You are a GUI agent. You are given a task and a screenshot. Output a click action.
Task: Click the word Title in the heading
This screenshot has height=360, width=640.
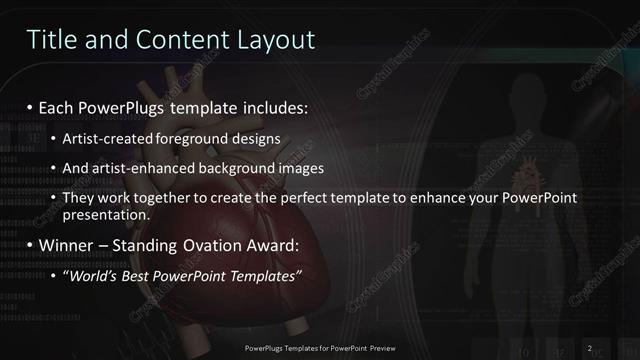tap(49, 40)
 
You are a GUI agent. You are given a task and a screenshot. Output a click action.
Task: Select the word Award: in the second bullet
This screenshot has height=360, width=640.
tap(274, 245)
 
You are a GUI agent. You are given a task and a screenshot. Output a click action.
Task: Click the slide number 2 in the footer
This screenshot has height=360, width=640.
tap(590, 347)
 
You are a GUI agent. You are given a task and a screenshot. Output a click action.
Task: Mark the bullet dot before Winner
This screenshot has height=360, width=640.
tap(30, 246)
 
